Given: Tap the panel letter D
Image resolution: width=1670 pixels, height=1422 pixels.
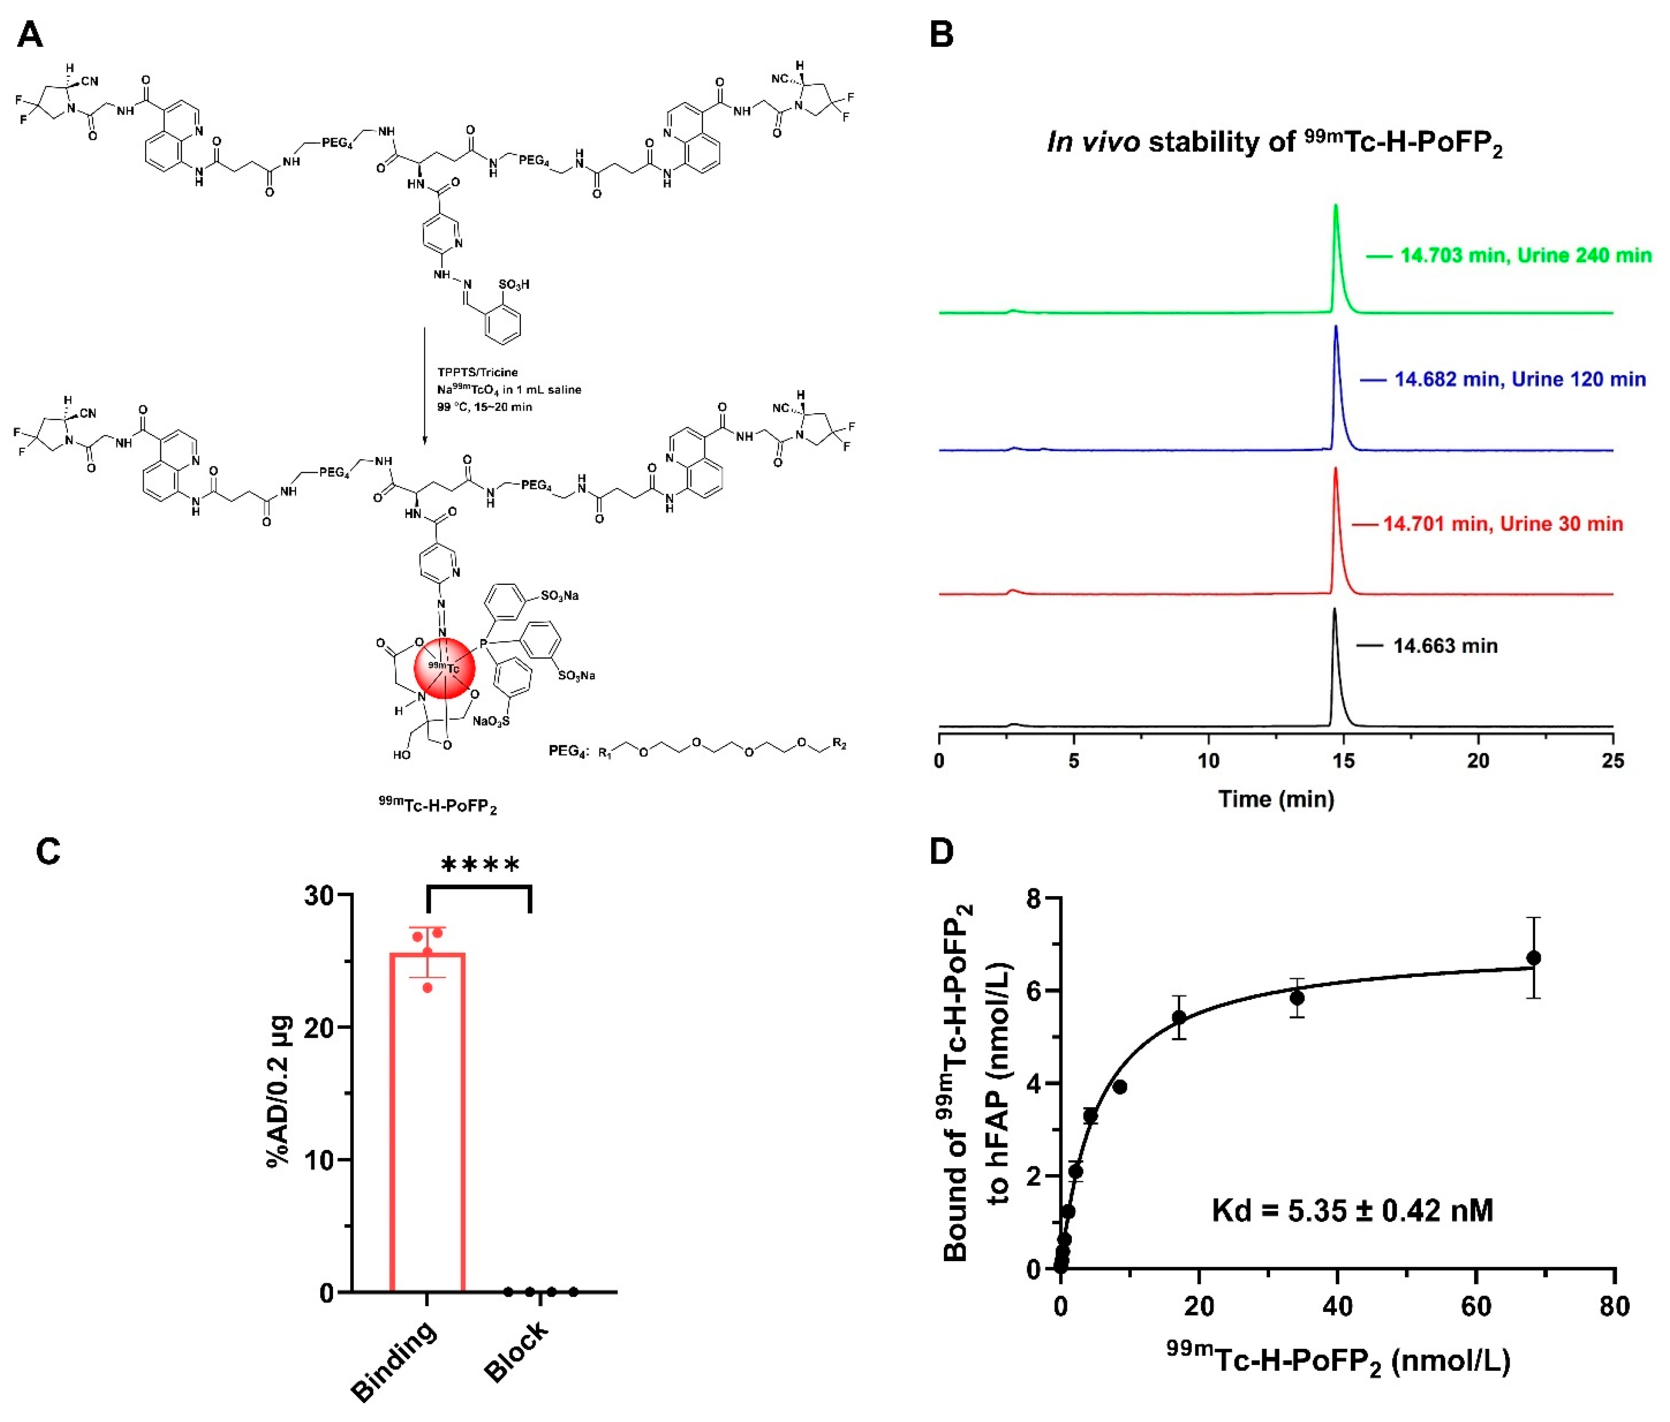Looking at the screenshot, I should point(941,851).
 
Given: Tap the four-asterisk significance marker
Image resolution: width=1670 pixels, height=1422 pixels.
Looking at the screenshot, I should point(481,866).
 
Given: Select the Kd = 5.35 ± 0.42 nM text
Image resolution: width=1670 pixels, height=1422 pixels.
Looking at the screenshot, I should point(1352,1211).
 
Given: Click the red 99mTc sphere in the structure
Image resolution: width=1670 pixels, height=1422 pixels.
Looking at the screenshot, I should point(444,668).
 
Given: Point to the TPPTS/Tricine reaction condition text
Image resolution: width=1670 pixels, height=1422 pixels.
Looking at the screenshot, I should point(477,372).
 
